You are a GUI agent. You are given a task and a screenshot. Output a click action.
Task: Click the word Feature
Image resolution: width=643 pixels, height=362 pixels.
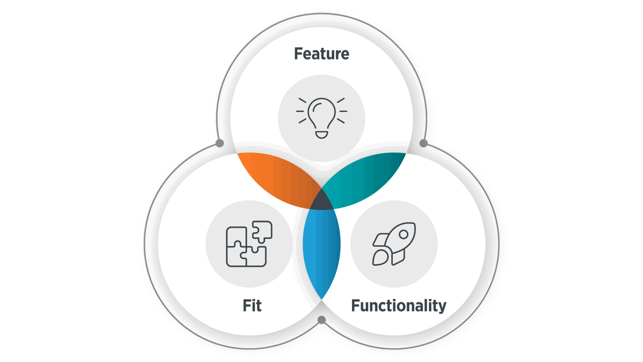tap(321, 54)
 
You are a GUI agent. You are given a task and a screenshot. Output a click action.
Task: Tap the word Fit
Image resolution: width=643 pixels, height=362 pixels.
tap(252, 306)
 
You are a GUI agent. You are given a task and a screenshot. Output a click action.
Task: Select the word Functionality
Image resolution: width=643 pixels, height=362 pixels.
tap(399, 306)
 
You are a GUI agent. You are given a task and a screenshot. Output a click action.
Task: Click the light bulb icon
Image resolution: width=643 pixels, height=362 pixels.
tap(321, 117)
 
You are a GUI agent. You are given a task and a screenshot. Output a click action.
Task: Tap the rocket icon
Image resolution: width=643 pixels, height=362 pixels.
tap(394, 244)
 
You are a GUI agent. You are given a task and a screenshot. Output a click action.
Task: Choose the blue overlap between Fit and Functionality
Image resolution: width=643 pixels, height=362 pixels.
tap(321, 251)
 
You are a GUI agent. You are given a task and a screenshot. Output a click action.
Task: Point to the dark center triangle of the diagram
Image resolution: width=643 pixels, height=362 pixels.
tap(321, 201)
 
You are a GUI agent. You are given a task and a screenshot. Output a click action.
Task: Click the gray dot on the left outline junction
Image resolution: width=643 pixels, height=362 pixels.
tap(220, 143)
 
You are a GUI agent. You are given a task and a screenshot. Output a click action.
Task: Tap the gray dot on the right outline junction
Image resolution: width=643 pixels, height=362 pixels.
tap(424, 143)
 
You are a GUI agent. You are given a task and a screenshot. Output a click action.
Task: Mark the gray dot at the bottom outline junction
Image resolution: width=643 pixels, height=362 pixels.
tap(321, 320)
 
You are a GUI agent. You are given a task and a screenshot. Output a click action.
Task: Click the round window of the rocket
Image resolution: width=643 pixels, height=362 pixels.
tap(403, 235)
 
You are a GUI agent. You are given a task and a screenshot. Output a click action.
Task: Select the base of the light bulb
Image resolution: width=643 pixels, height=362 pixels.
tap(321, 135)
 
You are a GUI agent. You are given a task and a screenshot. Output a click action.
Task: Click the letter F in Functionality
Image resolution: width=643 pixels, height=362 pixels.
tap(356, 306)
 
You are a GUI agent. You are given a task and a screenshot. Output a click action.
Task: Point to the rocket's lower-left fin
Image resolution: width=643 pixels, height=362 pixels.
tap(380, 258)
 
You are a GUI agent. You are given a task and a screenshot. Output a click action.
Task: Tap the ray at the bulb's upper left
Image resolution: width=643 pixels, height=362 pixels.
tap(302, 100)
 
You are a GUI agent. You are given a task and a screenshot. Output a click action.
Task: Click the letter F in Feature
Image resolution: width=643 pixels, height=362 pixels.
tap(298, 54)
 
